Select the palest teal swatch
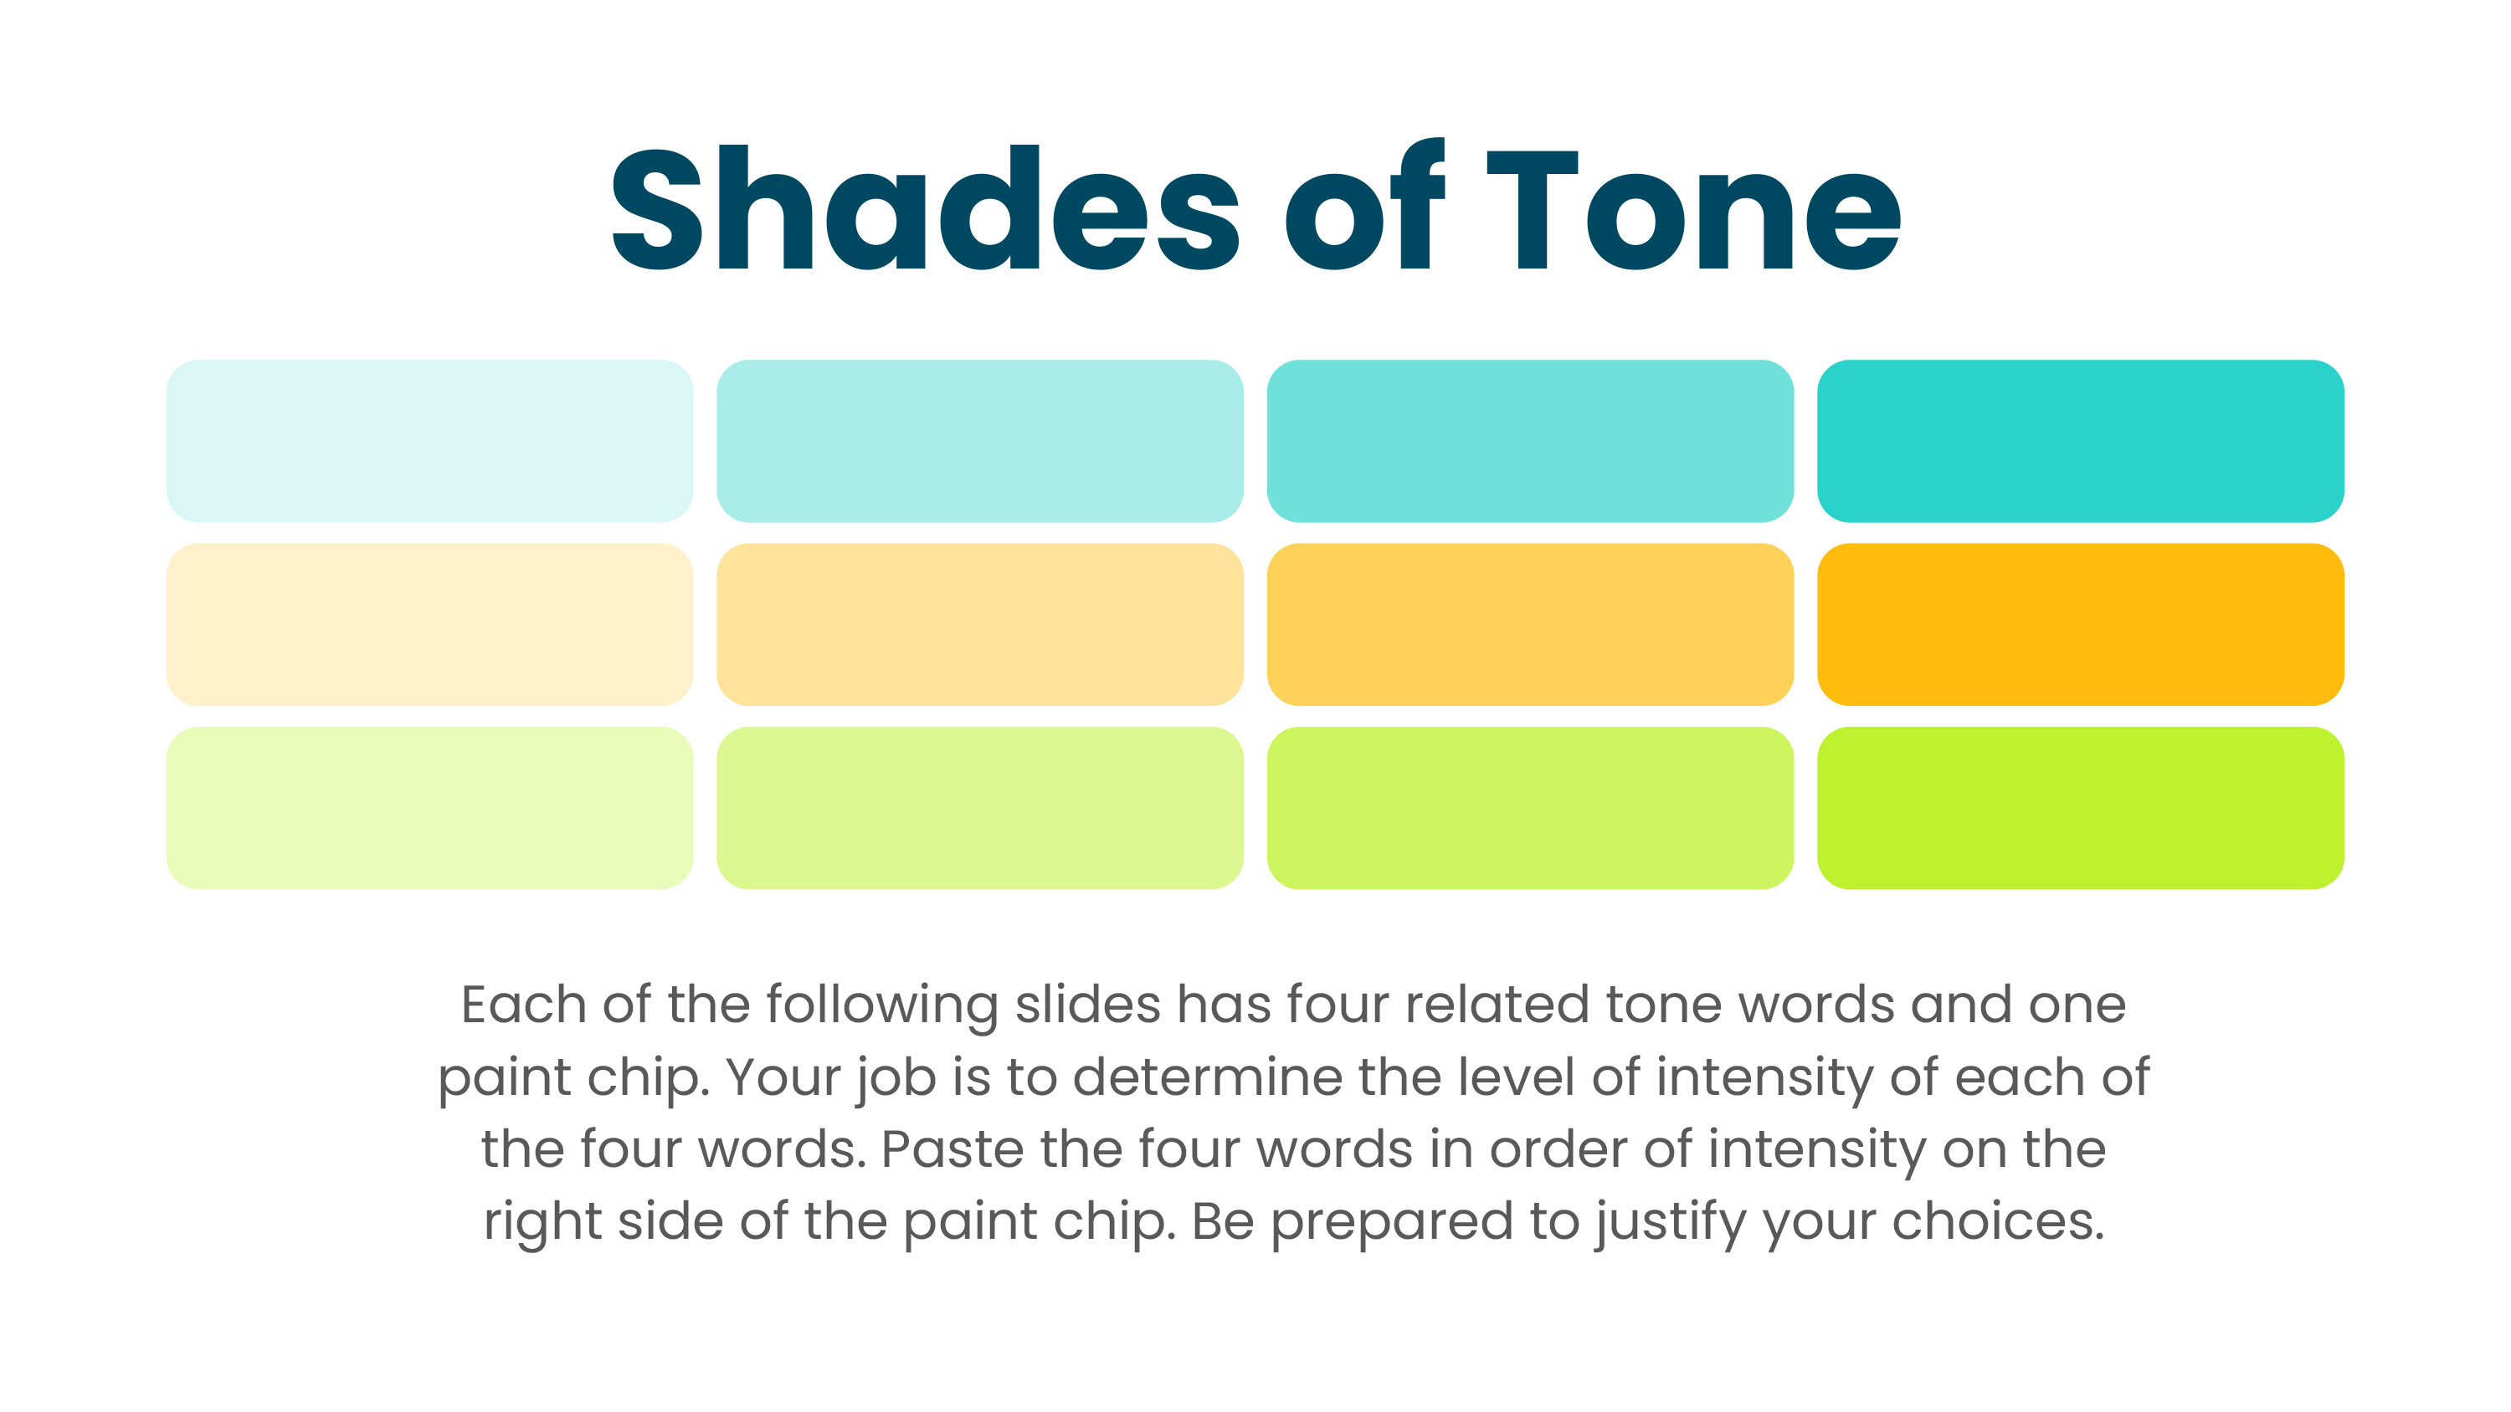pos(430,441)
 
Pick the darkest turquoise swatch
pos(2079,441)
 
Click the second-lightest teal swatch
pos(979,441)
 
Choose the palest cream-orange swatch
pos(430,624)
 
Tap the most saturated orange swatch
pos(2079,624)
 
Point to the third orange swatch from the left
pos(1529,624)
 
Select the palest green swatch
pos(430,807)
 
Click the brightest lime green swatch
pos(2079,807)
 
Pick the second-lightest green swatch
pos(979,807)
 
